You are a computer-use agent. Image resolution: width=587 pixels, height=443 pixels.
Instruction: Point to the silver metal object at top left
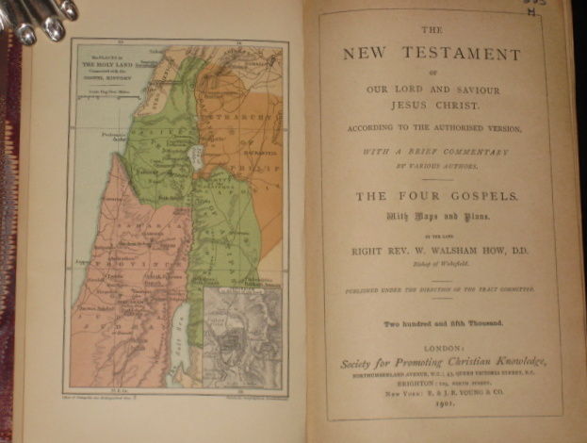(x=38, y=17)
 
